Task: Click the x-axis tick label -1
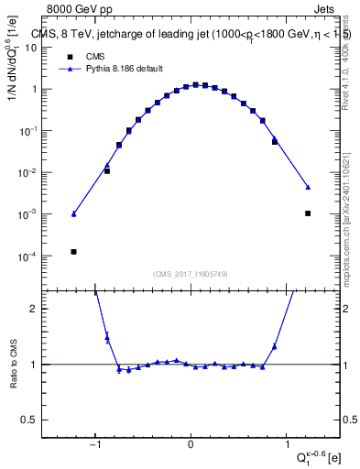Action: pyautogui.click(x=95, y=446)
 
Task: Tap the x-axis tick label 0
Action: pyautogui.click(x=191, y=446)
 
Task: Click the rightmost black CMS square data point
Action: pyautogui.click(x=308, y=213)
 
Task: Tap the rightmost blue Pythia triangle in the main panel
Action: pyautogui.click(x=308, y=187)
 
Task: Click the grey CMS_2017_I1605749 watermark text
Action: pyautogui.click(x=191, y=274)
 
